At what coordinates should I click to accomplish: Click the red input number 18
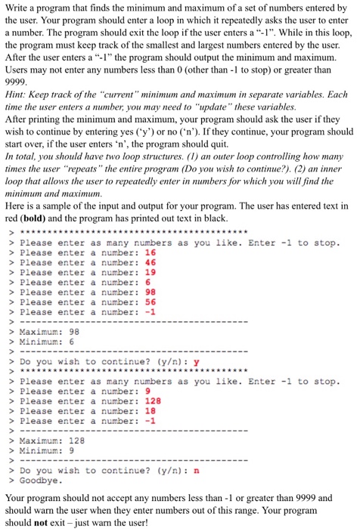150,411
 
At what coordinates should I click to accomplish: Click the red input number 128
153,401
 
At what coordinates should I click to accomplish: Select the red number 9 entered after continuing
147,391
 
